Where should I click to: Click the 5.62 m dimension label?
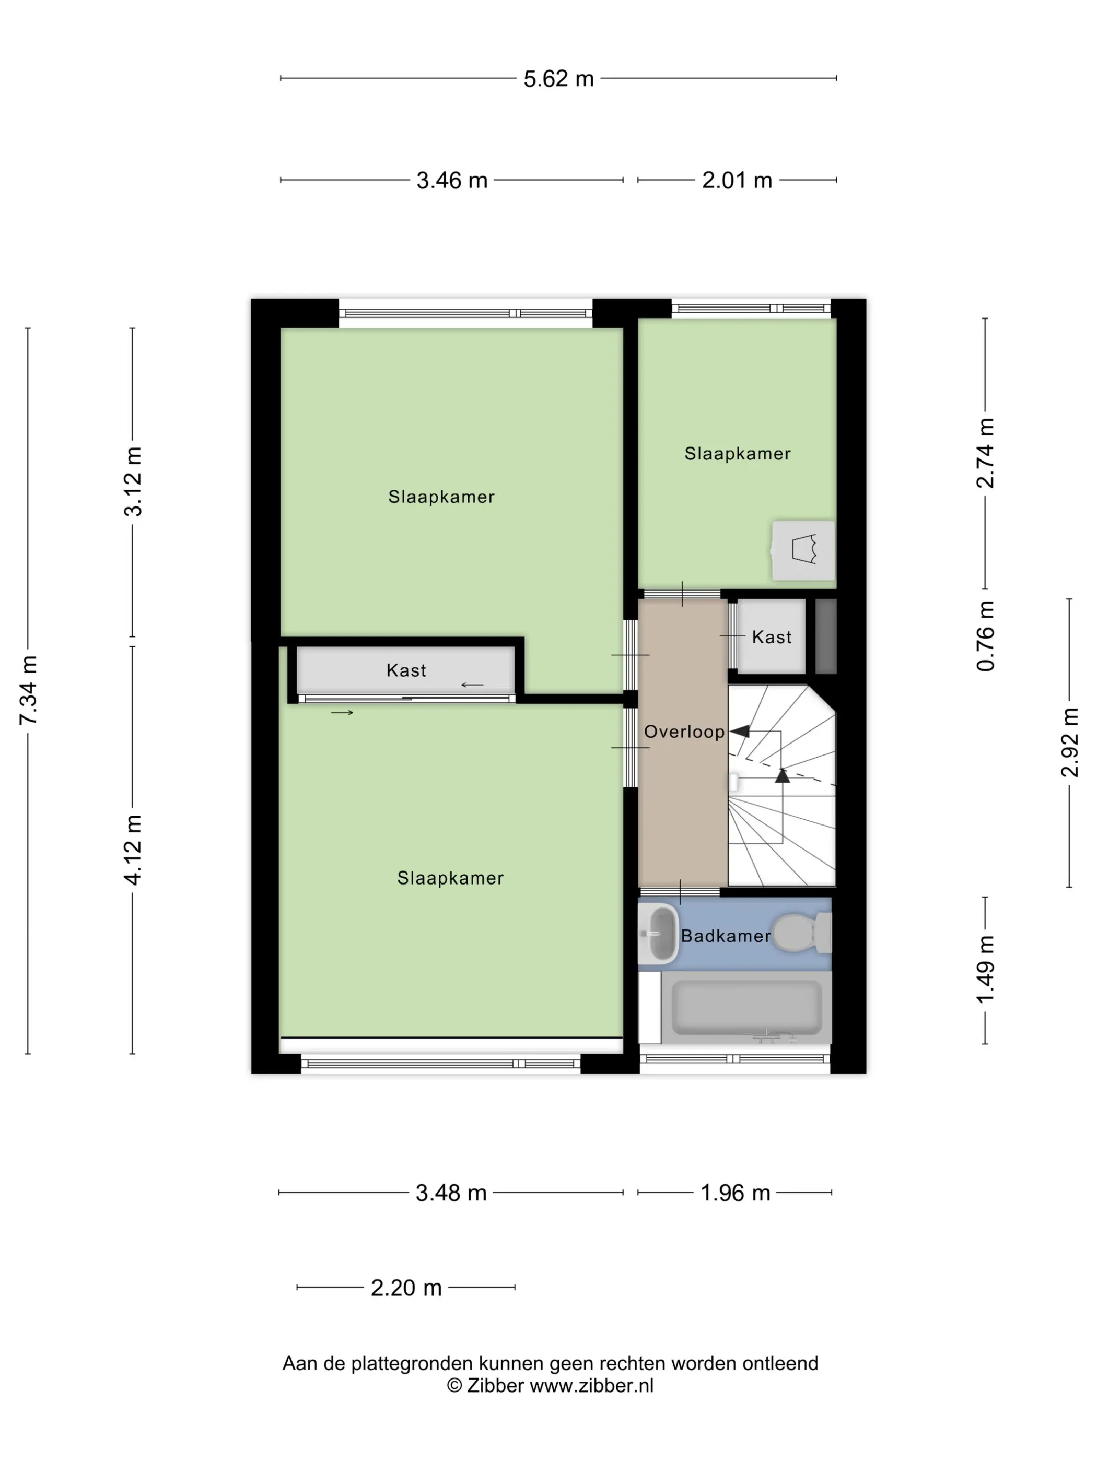(x=558, y=79)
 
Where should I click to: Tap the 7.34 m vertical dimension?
(x=28, y=690)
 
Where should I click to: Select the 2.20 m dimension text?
(x=405, y=1288)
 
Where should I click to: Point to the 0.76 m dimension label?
(x=985, y=636)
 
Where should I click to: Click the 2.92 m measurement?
(x=1069, y=742)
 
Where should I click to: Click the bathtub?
(x=746, y=1007)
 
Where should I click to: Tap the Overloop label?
(x=684, y=732)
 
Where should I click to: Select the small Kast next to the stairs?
(x=771, y=637)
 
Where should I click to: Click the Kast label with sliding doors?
(x=405, y=670)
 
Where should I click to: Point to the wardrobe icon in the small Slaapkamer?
(x=803, y=550)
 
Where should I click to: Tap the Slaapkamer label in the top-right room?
(x=737, y=453)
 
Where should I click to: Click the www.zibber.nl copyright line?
(x=550, y=1386)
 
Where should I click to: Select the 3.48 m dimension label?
(x=450, y=1193)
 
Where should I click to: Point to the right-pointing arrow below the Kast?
(x=342, y=713)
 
